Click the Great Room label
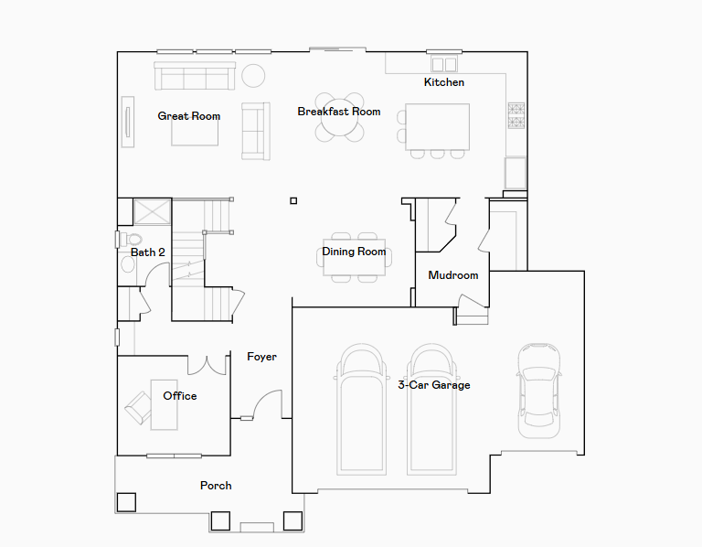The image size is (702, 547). (x=189, y=116)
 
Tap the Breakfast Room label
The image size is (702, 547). (x=339, y=112)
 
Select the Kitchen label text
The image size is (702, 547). (x=444, y=82)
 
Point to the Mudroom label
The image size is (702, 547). (x=453, y=275)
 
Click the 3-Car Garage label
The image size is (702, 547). (x=434, y=385)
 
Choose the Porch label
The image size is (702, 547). (x=216, y=486)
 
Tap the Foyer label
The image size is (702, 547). (x=262, y=357)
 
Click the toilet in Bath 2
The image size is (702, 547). (x=131, y=240)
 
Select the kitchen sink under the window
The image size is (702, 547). (x=444, y=64)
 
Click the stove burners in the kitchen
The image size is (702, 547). (x=516, y=115)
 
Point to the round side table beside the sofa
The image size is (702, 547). (x=253, y=76)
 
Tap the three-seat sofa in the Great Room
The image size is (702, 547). (x=195, y=76)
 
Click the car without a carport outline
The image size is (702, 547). (x=539, y=391)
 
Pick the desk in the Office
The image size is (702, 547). (x=164, y=405)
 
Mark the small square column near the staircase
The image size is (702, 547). (x=293, y=200)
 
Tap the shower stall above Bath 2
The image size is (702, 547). (x=153, y=212)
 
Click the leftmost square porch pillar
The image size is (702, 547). (x=126, y=503)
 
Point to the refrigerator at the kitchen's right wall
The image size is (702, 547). (x=516, y=173)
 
